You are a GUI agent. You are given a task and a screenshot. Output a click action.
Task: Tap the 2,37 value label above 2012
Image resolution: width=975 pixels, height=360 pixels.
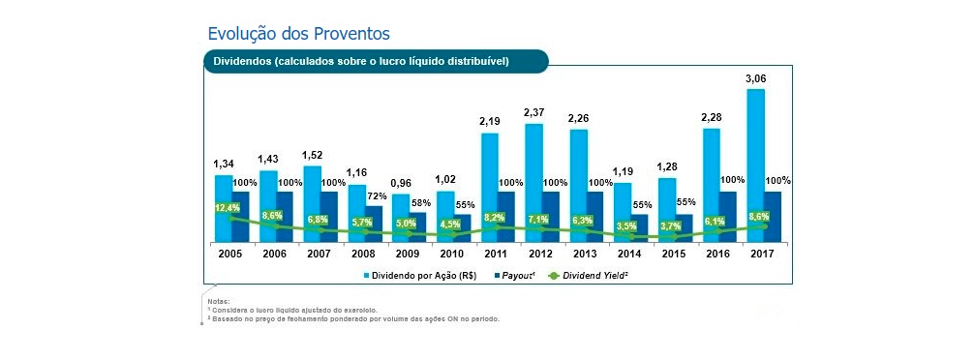pyautogui.click(x=533, y=112)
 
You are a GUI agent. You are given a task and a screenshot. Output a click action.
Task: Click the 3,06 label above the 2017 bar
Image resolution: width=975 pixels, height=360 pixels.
pyautogui.click(x=756, y=78)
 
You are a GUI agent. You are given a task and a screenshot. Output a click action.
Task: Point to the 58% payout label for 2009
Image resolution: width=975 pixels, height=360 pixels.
pyautogui.click(x=421, y=204)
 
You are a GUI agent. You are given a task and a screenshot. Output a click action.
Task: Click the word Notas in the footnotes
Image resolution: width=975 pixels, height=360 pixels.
pyautogui.click(x=219, y=302)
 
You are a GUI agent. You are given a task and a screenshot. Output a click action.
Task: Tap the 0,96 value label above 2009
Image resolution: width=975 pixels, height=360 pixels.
pyautogui.click(x=400, y=183)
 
